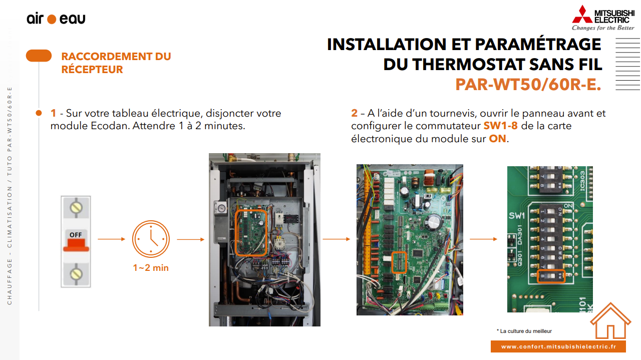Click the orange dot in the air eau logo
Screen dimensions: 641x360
(52, 19)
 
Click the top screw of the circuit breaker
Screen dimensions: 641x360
(76, 208)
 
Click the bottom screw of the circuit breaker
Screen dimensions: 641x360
(76, 274)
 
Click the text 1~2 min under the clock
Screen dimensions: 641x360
(151, 268)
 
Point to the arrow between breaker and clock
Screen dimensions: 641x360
(112, 239)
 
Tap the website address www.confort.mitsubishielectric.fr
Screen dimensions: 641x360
(558, 346)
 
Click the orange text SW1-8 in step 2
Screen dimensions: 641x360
(500, 126)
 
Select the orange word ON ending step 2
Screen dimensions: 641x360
(498, 139)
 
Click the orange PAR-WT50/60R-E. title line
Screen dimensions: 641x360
(528, 85)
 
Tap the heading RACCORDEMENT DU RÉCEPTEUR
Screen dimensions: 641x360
(116, 63)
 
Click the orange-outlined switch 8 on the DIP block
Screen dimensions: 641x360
(551, 276)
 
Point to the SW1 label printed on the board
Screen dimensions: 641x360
(517, 215)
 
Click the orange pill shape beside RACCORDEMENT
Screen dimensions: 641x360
(39, 56)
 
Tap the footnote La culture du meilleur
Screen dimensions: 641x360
(524, 331)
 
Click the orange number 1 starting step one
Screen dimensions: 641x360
(53, 113)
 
